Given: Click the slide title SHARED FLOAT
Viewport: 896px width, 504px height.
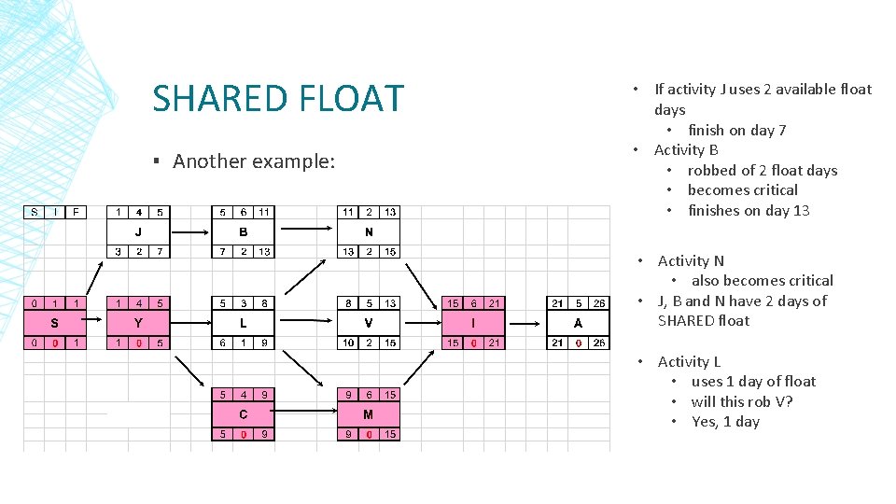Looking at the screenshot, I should coord(278,98).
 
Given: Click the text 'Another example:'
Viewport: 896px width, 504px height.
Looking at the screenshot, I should coord(253,161).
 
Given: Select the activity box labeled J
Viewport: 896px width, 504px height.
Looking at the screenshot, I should coord(138,231).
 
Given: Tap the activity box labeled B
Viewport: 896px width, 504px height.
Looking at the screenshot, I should coord(244,231).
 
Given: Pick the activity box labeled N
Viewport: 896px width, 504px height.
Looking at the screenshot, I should coord(369,231).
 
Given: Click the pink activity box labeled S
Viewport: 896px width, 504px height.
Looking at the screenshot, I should coord(54,323).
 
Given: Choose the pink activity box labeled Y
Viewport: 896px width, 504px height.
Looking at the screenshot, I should coord(138,323).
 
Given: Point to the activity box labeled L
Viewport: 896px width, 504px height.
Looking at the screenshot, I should coord(244,323).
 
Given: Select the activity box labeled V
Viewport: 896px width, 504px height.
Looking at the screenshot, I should coord(369,323).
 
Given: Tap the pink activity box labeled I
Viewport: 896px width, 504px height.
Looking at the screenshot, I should coord(474,323).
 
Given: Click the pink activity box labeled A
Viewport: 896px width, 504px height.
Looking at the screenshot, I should coord(579,323).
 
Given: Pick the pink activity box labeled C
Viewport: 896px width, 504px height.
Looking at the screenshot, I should coord(244,414).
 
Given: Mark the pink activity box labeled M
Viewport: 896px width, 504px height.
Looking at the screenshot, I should coord(369,414).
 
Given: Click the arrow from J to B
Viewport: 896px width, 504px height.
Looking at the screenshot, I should coord(190,231).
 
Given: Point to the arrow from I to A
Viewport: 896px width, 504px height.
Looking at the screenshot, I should coord(526,323).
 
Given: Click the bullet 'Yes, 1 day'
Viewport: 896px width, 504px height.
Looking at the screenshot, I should coord(725,421).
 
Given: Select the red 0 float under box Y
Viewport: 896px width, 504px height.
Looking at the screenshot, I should coord(138,343).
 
